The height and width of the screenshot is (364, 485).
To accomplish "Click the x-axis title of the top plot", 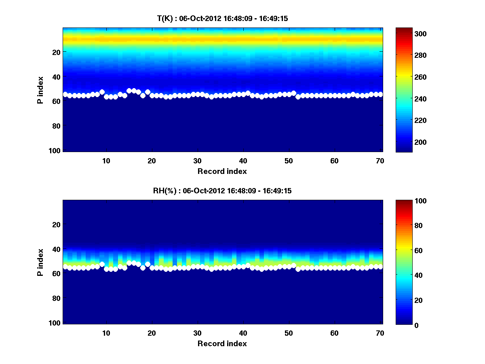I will point(222,171).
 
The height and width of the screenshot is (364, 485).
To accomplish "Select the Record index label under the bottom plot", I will point(222,343).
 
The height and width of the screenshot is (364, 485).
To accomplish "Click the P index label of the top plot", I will point(40,89).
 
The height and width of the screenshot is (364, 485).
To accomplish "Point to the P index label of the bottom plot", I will point(40,262).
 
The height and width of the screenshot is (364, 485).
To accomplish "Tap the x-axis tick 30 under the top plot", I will point(197,161).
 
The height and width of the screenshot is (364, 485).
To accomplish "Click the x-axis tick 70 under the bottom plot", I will point(380,333).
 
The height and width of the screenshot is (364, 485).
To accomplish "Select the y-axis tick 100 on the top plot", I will point(55,150).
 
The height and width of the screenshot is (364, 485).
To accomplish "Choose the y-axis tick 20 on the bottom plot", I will point(57,224).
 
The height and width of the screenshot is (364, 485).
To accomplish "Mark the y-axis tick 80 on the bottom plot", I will point(57,298).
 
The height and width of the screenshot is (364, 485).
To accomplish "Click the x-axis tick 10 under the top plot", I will point(106,161).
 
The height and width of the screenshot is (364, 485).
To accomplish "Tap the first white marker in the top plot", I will point(65,94).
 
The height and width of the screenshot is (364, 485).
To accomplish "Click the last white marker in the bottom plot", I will point(380,267).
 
